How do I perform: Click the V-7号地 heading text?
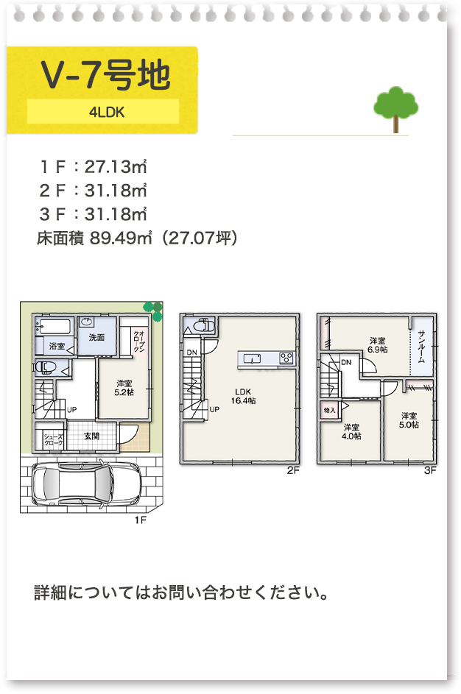coord(105,75)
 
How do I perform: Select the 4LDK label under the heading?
coord(107,112)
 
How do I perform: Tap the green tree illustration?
coord(396,109)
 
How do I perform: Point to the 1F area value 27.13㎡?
coord(116,167)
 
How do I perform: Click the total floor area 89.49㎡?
coord(121,238)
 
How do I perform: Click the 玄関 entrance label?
coord(91,436)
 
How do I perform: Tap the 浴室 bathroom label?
coord(57,346)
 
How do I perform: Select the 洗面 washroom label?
coord(96,337)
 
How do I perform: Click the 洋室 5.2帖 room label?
coord(124,388)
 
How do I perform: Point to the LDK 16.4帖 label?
coord(243,396)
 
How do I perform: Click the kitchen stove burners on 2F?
coord(287,358)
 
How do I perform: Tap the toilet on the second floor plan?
coord(204,326)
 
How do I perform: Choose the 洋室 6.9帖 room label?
coord(377,345)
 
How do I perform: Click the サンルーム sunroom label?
coord(421,346)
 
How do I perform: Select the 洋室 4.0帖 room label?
coord(351,432)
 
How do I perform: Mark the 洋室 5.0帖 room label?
coord(409,420)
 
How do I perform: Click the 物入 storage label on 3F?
coord(329,411)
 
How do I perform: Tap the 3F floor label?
coord(430,470)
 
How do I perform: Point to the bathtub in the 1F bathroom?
coord(54,327)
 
